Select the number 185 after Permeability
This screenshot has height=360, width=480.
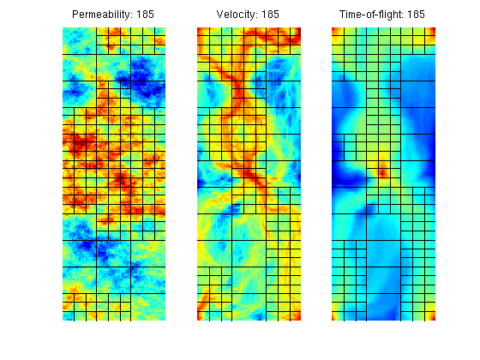pos(145,15)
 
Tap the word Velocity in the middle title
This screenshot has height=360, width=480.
pos(236,15)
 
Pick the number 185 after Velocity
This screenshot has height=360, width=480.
pos(270,15)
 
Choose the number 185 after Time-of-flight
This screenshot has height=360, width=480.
pos(416,15)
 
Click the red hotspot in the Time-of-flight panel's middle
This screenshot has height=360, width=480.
pos(382,173)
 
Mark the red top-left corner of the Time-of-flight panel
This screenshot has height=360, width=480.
pos(334,30)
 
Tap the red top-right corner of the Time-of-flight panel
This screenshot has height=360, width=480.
pos(432,30)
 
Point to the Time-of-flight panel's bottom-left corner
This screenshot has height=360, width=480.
pos(334,318)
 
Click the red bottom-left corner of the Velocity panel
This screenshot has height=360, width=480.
pos(200,317)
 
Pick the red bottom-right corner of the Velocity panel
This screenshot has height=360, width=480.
pos(297,316)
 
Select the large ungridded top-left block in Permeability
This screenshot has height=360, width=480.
pos(79,41)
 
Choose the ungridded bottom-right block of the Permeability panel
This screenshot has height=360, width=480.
pos(148,308)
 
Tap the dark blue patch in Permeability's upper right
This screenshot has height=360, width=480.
pos(143,81)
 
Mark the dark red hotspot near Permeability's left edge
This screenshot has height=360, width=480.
pos(79,144)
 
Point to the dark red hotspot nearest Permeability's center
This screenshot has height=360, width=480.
pos(123,179)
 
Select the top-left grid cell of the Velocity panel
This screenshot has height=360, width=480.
pos(203,32)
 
